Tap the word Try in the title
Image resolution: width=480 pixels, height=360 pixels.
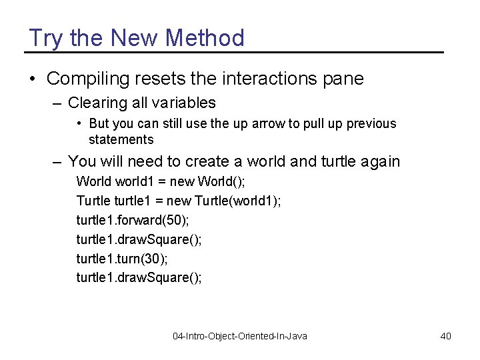(x=45, y=38)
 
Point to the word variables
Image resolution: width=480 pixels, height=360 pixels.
(x=183, y=103)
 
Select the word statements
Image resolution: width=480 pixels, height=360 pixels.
(x=121, y=139)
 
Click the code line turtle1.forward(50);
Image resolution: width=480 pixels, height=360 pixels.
(x=133, y=219)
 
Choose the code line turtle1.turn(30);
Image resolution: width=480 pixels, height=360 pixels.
(x=122, y=258)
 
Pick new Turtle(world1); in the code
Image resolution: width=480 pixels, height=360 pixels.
(x=223, y=200)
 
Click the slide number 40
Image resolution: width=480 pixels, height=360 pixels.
(x=445, y=336)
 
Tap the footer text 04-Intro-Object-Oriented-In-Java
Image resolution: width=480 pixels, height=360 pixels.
(x=240, y=336)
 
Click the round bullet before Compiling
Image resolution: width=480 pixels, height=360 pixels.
(x=33, y=79)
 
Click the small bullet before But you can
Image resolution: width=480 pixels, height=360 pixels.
(x=79, y=124)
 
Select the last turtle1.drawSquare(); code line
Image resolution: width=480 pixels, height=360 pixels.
(x=139, y=277)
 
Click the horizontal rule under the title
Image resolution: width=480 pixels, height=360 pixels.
(x=233, y=52)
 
